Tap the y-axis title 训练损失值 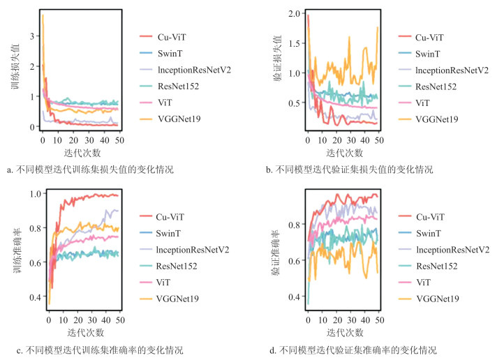point(15,70)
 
